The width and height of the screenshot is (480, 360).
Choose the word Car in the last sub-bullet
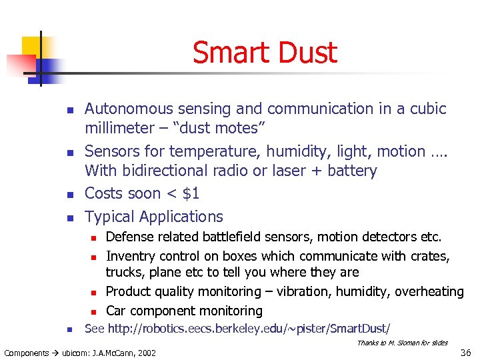(x=116, y=311)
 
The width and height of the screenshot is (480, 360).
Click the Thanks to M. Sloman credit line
(x=402, y=343)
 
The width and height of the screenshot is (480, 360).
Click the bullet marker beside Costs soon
(x=70, y=194)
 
